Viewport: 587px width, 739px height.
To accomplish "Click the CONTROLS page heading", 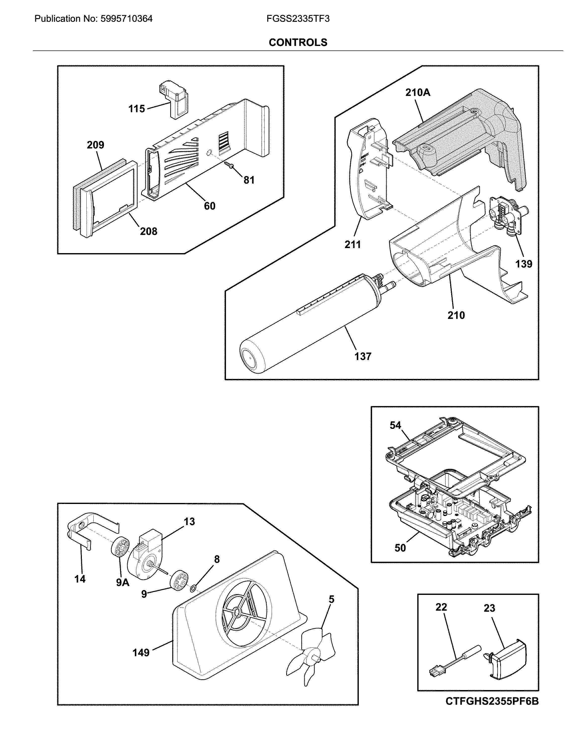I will click(298, 42).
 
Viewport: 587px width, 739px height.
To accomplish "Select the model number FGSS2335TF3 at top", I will click(298, 19).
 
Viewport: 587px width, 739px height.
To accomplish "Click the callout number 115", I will click(136, 109).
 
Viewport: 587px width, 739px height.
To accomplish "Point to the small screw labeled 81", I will click(229, 166).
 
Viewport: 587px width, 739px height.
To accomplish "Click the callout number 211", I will click(353, 245).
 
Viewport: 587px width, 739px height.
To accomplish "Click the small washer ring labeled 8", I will click(193, 589).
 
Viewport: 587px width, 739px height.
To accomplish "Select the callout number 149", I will click(141, 653).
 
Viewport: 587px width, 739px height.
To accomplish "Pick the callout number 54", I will click(395, 425).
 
